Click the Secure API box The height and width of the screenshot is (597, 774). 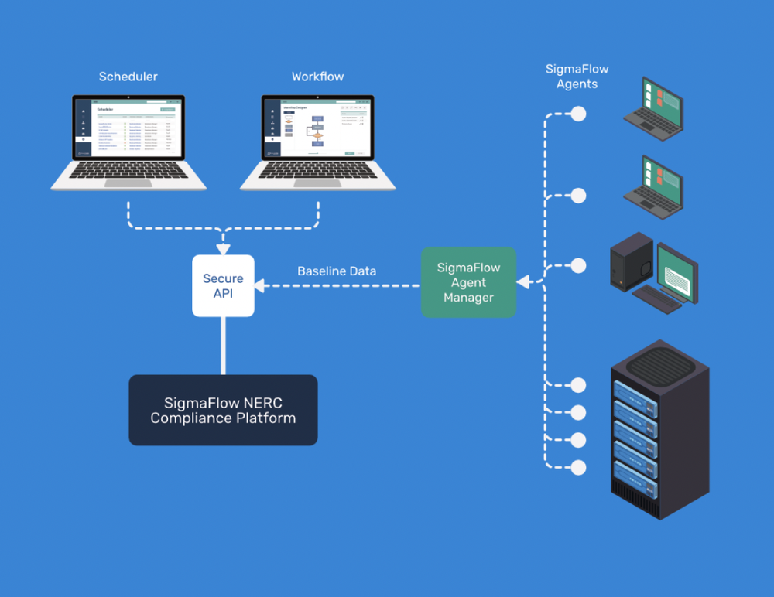pos(223,285)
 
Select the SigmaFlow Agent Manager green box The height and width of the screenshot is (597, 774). pos(468,282)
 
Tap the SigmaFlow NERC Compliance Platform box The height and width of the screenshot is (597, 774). pos(223,410)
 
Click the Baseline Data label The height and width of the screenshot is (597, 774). pos(337,271)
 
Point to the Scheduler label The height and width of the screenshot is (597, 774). pos(128,77)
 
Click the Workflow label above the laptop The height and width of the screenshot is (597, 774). pos(317,77)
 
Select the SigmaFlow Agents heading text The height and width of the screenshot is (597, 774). pos(577,77)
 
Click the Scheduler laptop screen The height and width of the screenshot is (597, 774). pos(128,128)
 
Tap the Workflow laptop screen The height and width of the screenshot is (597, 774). pos(317,128)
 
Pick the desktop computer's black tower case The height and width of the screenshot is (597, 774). pos(631,261)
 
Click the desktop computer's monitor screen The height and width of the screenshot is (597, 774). pos(676,272)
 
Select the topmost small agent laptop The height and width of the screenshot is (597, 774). pos(655,107)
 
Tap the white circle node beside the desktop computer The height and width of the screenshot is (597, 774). pos(578,266)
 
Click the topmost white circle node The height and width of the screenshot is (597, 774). pos(578,114)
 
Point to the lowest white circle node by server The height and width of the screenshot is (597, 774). pos(578,467)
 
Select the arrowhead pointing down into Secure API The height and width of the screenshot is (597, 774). pos(223,249)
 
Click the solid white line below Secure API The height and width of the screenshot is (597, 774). pos(223,345)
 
